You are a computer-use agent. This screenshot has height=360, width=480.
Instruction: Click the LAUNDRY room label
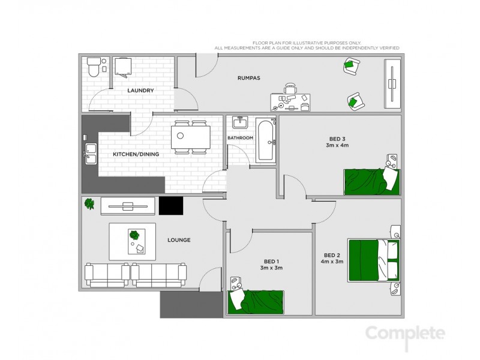[x=140, y=91]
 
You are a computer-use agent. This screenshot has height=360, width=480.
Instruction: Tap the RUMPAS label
[x=248, y=77]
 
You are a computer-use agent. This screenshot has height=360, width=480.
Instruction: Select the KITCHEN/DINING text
[x=136, y=154]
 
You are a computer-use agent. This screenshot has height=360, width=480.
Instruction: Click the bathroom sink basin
[x=240, y=123]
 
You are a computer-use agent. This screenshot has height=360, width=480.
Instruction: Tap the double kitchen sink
[x=91, y=154]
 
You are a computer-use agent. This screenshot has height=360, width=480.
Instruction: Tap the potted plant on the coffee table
[x=134, y=235]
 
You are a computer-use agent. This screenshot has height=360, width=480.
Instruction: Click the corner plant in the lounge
[x=89, y=204]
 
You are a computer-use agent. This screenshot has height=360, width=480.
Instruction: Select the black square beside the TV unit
[x=170, y=206]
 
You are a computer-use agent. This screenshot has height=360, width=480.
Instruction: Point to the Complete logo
[x=406, y=334]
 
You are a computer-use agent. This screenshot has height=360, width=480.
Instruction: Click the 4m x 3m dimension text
[x=332, y=261]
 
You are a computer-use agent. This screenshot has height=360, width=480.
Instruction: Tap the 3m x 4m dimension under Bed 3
[x=337, y=145]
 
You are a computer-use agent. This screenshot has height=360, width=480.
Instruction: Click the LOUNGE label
[x=179, y=240]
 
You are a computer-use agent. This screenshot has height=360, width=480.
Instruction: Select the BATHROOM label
[x=240, y=138]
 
